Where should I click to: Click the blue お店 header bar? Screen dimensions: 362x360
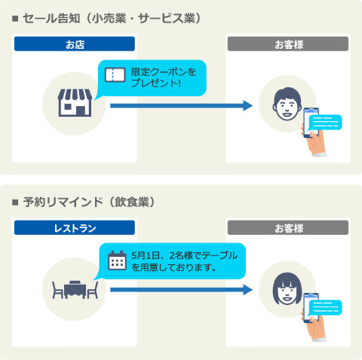(x=75, y=44)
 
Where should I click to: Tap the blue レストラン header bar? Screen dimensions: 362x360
(x=75, y=227)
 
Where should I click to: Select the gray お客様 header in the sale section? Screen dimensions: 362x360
(x=288, y=44)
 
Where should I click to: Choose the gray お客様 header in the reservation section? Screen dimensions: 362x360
(x=288, y=227)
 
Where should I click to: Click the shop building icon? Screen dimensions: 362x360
(x=75, y=102)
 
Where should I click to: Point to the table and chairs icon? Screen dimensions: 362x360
(x=75, y=289)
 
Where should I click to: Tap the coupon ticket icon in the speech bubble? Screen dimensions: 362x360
(x=115, y=75)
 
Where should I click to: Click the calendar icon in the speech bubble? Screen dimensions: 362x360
(x=117, y=261)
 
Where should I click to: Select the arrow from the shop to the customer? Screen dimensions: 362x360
(x=181, y=105)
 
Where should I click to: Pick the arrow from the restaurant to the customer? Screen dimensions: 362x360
(x=181, y=290)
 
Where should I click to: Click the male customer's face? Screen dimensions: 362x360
(x=287, y=104)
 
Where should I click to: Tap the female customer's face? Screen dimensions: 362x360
(x=287, y=288)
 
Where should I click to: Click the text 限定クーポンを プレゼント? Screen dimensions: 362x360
(x=164, y=78)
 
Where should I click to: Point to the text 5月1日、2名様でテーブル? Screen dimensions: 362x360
(x=184, y=255)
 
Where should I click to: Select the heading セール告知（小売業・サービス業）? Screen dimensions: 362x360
(x=112, y=18)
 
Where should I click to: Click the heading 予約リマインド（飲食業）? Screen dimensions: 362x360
(x=89, y=202)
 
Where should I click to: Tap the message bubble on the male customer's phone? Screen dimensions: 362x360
(x=325, y=122)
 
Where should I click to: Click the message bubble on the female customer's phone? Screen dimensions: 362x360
(x=325, y=307)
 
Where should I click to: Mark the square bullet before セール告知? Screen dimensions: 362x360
(x=15, y=19)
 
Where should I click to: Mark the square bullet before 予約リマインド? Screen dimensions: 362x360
(x=15, y=202)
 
